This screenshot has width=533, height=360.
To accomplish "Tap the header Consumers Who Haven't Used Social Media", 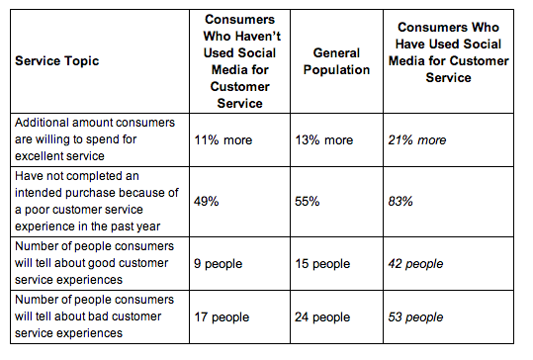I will click(240, 60).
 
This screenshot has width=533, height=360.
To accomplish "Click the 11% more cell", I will click(222, 140).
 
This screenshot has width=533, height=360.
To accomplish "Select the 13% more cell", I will click(324, 140).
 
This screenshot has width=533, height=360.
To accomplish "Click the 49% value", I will click(206, 201).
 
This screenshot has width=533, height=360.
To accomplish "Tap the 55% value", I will click(309, 201).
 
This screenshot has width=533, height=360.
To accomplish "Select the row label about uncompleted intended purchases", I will click(94, 201).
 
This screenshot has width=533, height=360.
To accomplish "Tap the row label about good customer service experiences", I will click(93, 261).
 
